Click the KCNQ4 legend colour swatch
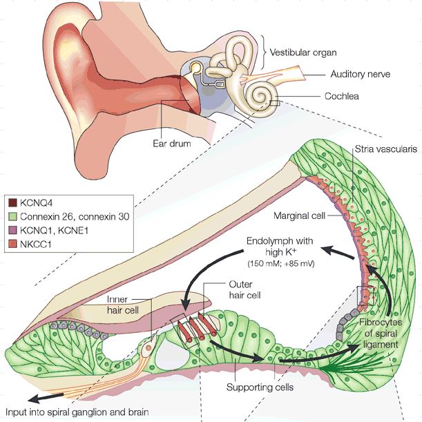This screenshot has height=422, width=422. tap(12, 202)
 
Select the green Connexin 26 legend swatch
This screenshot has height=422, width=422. tap(12, 217)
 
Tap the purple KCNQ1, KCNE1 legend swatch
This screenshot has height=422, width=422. tap(12, 231)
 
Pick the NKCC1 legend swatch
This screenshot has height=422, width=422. tap(12, 244)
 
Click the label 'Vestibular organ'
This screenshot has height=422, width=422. tap(303, 52)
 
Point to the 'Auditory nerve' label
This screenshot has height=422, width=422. tap(360, 74)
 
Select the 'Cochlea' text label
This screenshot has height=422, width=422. tap(341, 96)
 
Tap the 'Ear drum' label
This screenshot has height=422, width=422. tap(172, 143)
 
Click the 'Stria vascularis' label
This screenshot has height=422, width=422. tap(385, 149)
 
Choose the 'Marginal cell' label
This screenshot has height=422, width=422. tap(299, 215)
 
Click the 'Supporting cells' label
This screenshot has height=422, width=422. tap(260, 387)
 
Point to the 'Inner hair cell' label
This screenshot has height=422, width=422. tap(123, 305)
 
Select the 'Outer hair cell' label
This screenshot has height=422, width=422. tap(244, 290)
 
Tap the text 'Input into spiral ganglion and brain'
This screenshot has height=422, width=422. tap(77, 412)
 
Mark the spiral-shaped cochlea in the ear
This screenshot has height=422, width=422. tap(260, 99)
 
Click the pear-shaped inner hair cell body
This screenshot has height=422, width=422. tap(148, 348)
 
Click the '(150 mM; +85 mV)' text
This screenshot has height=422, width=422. tap(280, 263)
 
